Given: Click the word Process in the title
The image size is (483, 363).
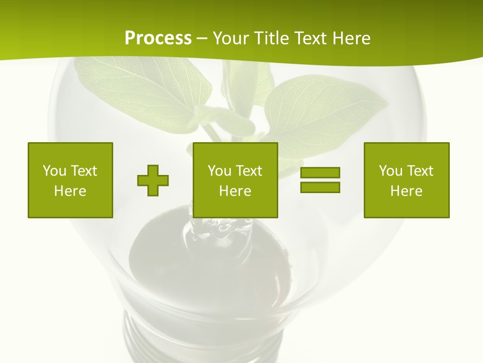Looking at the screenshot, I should (x=158, y=38).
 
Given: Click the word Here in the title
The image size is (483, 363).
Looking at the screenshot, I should (x=351, y=38).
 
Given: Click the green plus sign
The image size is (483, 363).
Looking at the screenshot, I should (x=153, y=180).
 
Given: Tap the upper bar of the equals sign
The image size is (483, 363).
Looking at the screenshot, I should (x=320, y=172).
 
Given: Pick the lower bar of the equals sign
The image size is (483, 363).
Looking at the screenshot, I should (x=320, y=187).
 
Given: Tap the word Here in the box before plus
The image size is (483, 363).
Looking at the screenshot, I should (x=70, y=191).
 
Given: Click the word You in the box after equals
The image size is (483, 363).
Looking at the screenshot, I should (x=390, y=171).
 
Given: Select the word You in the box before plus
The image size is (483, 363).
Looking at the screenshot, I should (x=54, y=171).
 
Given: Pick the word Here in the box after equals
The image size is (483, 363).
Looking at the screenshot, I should (x=407, y=191).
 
